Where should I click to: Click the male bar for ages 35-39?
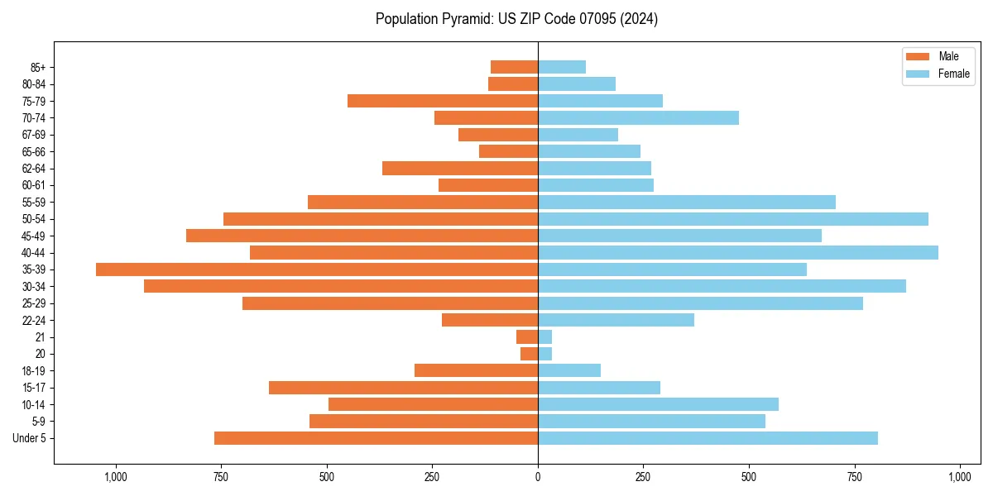coord(317,269)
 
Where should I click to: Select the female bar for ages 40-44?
coord(738,252)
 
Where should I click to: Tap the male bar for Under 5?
coord(376,438)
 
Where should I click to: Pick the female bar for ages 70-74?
coord(638,118)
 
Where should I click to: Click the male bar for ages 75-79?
coord(443,101)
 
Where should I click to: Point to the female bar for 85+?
coord(562,67)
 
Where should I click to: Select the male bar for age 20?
coord(529,354)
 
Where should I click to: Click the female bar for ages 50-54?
coord(733,219)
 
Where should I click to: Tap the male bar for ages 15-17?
coord(403,388)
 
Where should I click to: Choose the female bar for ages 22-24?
coord(616,320)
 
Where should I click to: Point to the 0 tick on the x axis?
coord(538,477)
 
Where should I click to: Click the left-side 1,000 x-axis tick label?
coord(116,477)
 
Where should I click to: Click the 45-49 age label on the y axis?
coord(34,236)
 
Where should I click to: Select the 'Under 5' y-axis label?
coord(30,438)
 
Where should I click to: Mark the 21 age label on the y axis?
coord(41,337)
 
